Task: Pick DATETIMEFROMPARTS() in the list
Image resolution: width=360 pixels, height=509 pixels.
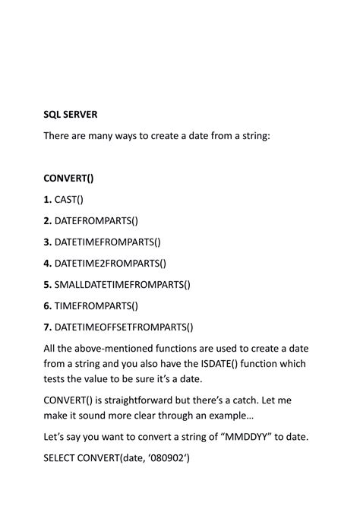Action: (109, 242)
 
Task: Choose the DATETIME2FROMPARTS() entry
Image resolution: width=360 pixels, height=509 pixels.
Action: (111, 264)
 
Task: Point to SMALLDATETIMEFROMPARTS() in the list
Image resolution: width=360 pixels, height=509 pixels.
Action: (122, 285)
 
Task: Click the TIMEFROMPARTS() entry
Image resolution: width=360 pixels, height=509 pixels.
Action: (96, 306)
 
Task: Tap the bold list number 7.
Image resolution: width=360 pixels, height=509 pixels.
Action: (48, 327)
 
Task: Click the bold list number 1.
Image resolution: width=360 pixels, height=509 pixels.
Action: (48, 200)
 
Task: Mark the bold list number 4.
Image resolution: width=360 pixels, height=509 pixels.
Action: (48, 264)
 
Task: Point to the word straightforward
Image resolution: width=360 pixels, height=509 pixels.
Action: (140, 399)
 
